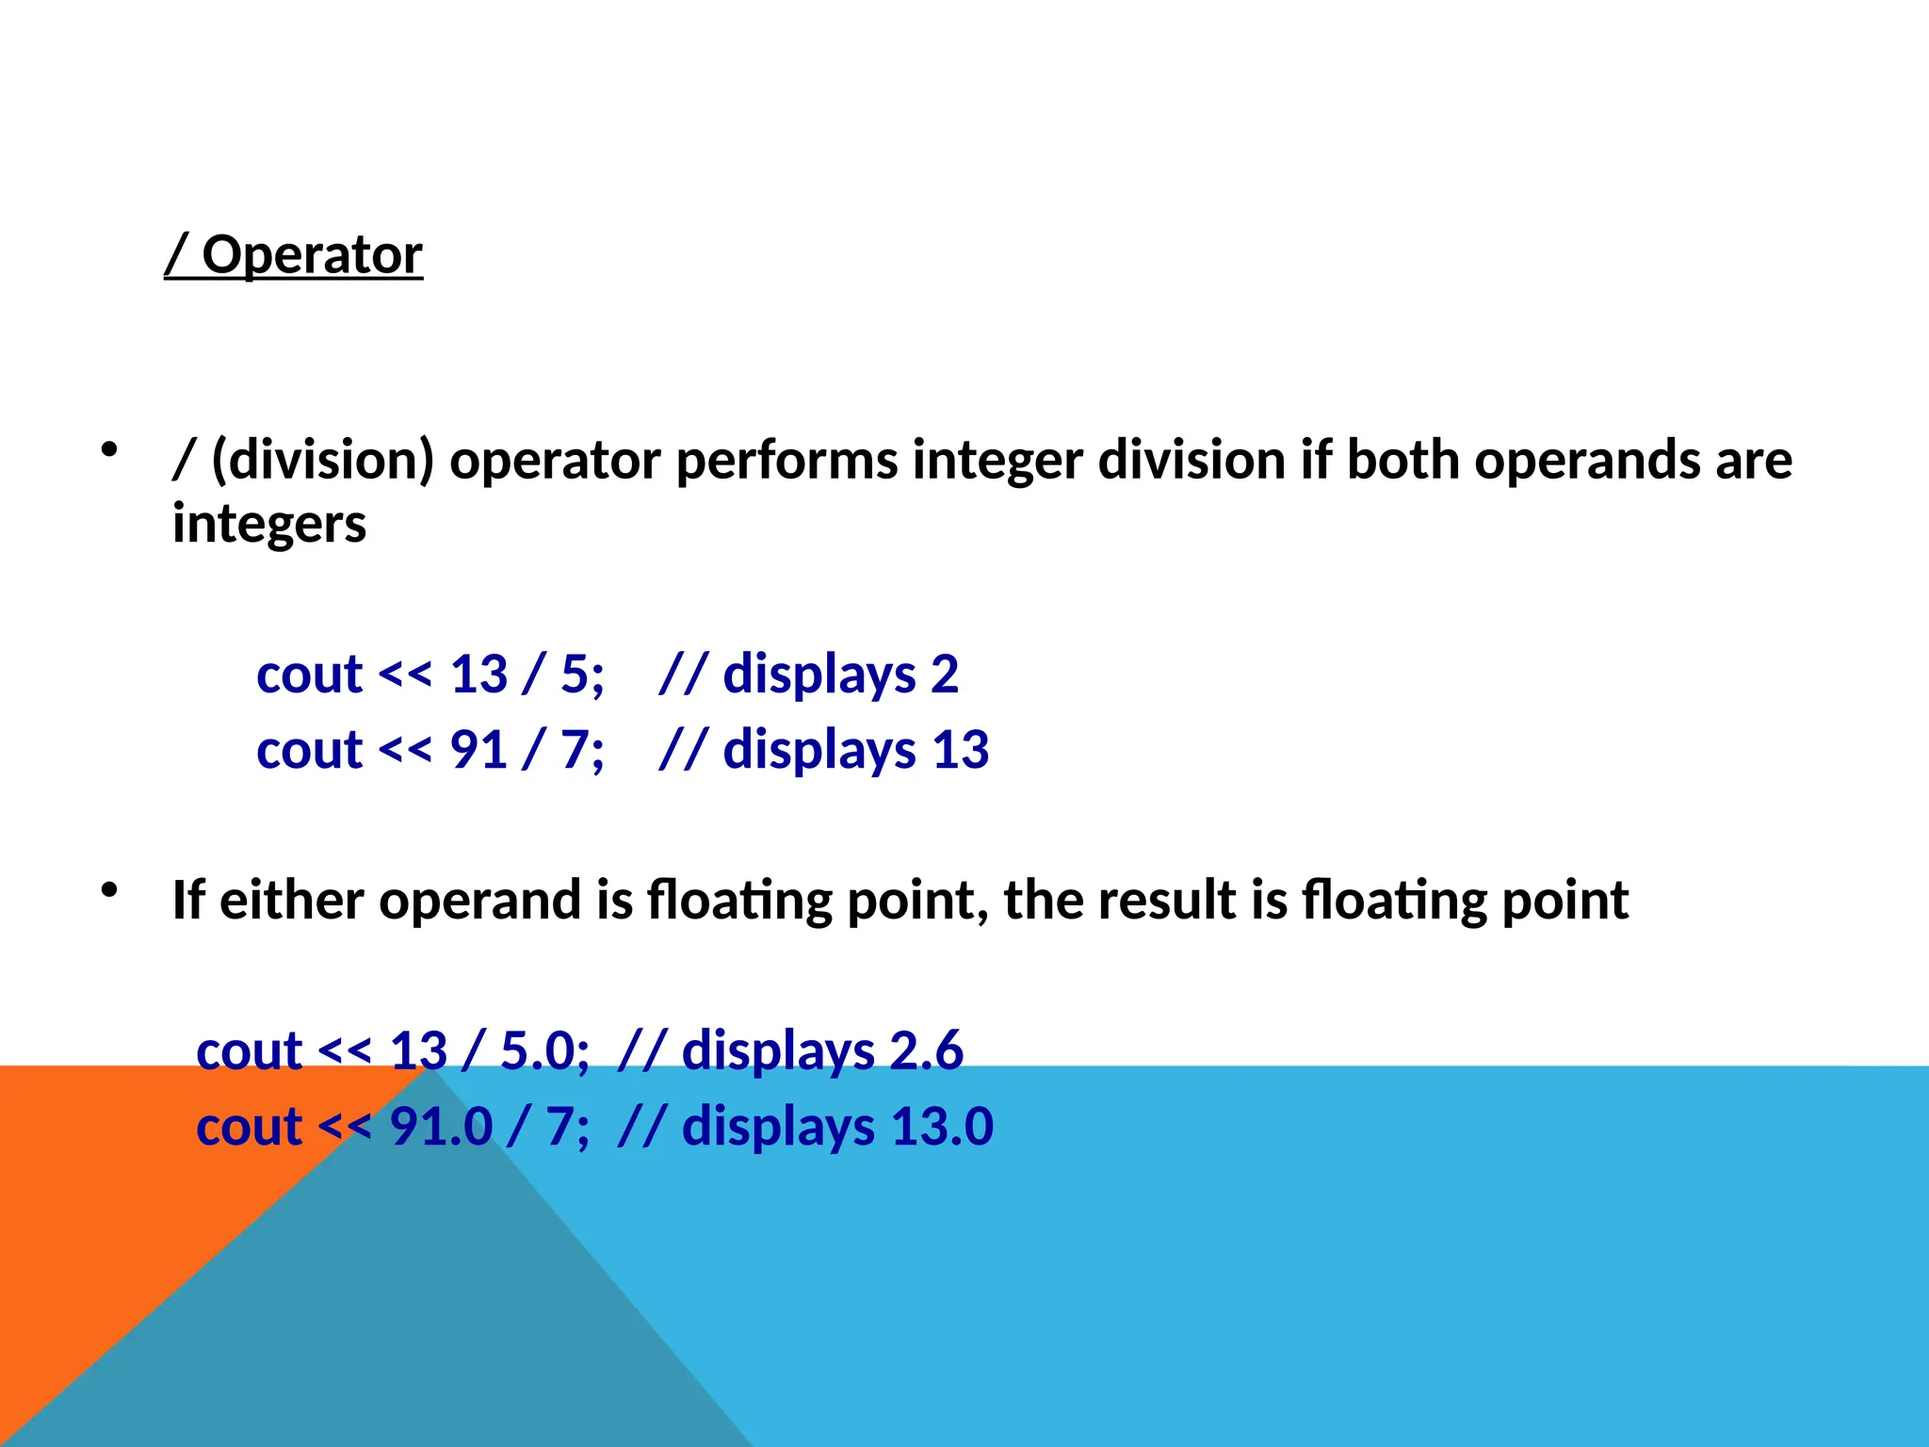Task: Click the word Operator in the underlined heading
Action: pos(312,255)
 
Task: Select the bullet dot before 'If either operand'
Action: pos(110,888)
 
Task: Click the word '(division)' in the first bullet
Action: pos(322,461)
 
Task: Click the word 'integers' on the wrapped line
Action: pos(269,524)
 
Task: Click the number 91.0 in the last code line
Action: pos(441,1127)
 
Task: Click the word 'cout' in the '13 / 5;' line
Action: pos(309,675)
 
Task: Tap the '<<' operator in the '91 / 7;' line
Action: pos(405,751)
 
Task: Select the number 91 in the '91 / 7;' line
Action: pos(479,751)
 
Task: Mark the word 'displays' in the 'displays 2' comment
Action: pos(819,675)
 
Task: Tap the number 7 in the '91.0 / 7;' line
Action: pos(560,1127)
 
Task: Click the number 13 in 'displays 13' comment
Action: pos(960,751)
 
